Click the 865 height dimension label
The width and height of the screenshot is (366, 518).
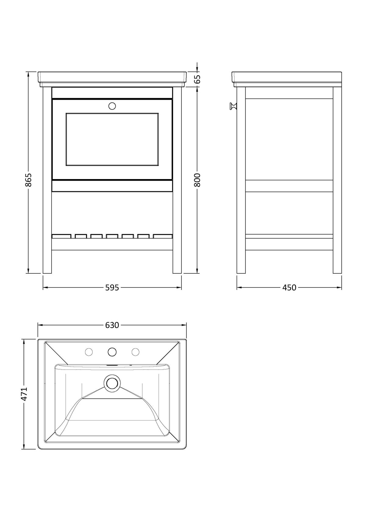[x=28, y=180]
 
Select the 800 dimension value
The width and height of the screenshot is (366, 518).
[x=197, y=180]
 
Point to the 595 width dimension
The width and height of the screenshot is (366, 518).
[x=112, y=287]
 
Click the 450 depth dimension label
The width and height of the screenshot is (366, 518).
[x=289, y=287]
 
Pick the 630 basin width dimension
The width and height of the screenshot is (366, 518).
[x=112, y=325]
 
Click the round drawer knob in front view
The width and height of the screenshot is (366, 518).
[x=112, y=106]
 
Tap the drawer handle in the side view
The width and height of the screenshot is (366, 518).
[x=233, y=106]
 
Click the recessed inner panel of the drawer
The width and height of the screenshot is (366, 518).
[x=112, y=139]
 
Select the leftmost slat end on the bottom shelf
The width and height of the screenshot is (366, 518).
[x=62, y=236]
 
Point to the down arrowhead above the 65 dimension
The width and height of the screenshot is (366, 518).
[x=197, y=69]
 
